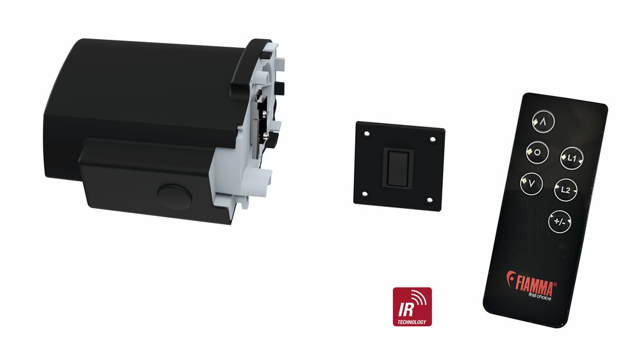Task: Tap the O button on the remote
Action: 537,152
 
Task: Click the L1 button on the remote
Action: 572,158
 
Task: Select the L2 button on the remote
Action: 565,190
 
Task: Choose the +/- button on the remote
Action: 559,222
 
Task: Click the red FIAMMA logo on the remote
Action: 531,282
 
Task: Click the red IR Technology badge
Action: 412,307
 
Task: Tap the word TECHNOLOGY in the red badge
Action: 412,322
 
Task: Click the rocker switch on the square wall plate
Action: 397,168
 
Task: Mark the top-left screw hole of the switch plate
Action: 367,133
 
